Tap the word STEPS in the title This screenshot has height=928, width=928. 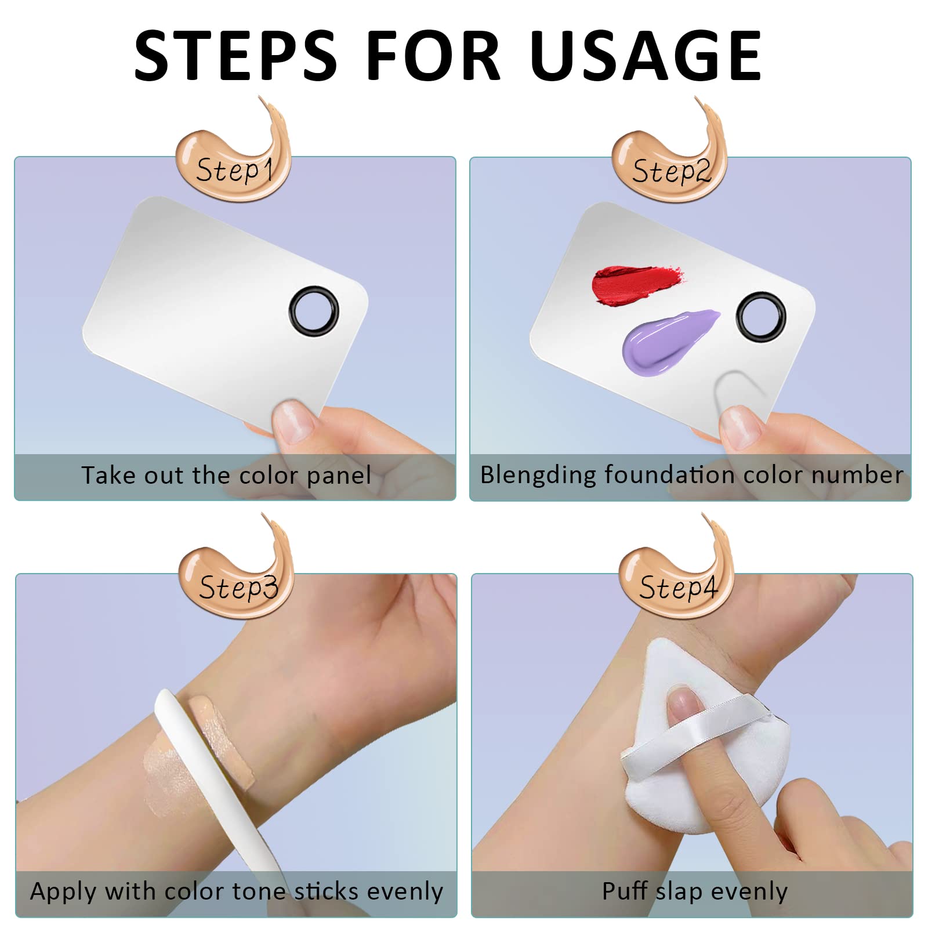coord(235,56)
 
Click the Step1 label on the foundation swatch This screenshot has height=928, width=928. coord(234,171)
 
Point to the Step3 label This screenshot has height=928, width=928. coord(238,587)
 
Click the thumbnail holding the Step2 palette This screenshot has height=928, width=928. coord(740,426)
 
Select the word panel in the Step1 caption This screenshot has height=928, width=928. coord(339,476)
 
